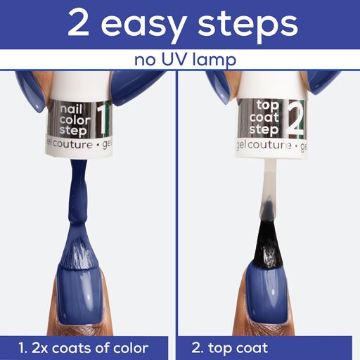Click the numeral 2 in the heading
[x=79, y=23]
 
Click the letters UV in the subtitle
[x=174, y=60]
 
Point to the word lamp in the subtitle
[x=214, y=61]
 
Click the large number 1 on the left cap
[x=101, y=121]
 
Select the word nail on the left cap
[x=71, y=110]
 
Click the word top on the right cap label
[x=267, y=106]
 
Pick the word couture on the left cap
[x=72, y=145]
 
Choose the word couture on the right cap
[x=269, y=145]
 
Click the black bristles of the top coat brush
[x=268, y=244]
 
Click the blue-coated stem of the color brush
[x=78, y=192]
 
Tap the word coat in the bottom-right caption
[x=252, y=348]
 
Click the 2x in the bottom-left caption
[x=39, y=348]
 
